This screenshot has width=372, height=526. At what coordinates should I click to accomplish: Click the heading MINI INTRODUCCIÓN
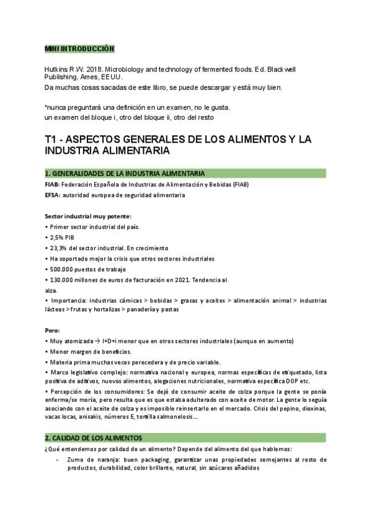(x=79, y=48)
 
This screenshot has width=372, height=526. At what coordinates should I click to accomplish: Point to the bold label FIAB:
(x=53, y=185)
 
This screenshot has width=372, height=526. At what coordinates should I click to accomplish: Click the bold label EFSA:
(x=53, y=195)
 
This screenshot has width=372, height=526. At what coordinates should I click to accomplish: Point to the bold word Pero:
(x=53, y=331)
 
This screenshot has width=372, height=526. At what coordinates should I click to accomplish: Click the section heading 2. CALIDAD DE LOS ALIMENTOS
(x=94, y=438)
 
